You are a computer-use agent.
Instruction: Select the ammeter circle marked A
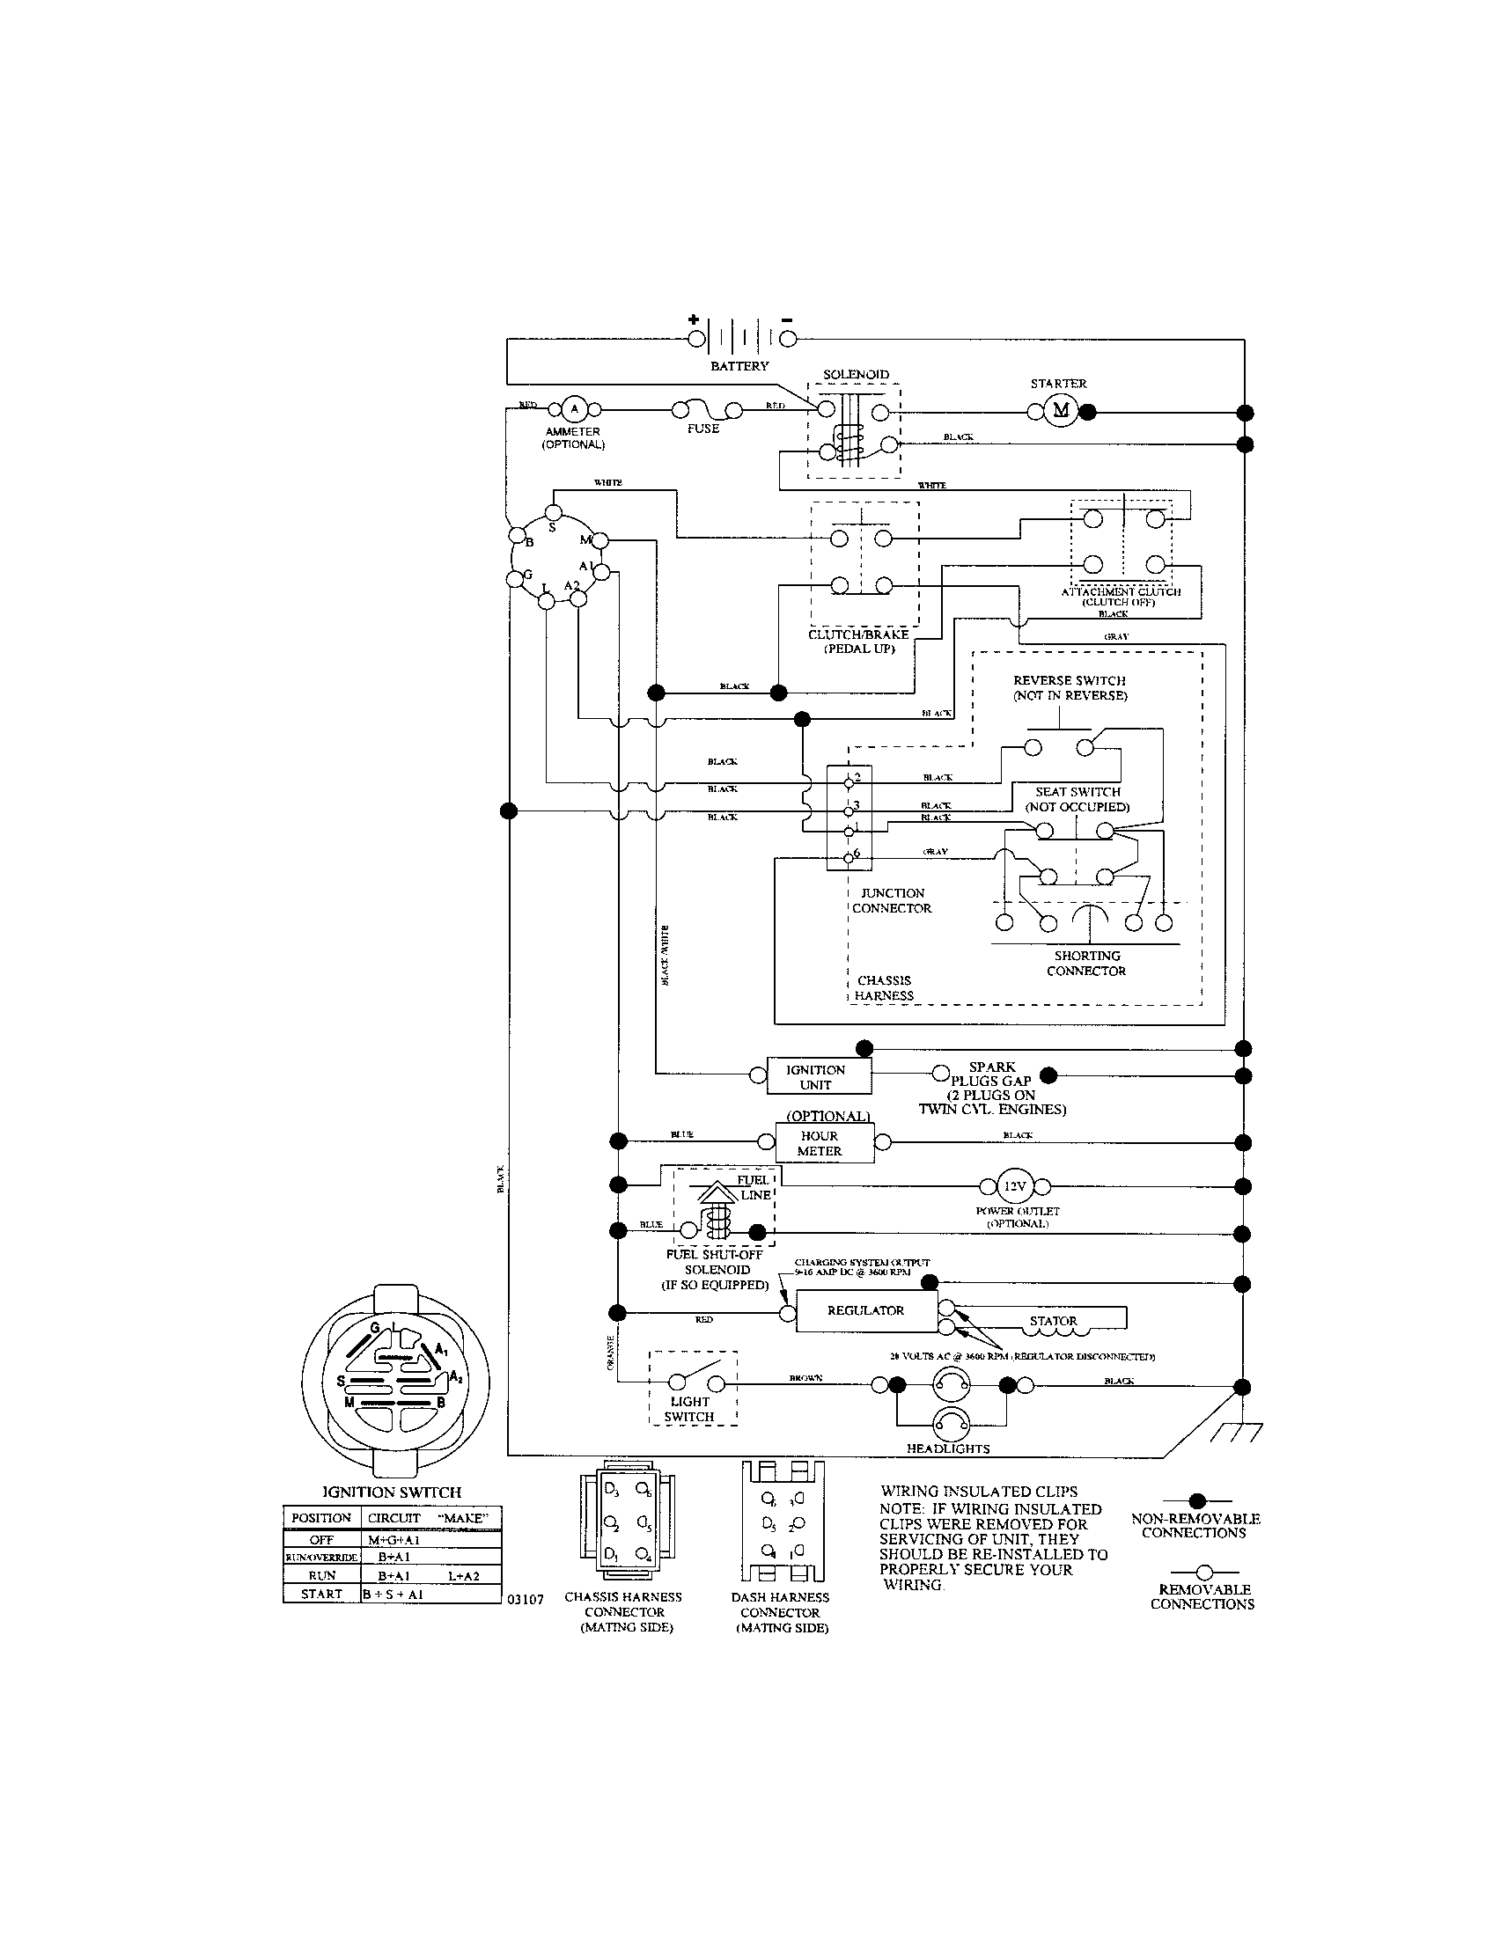574,408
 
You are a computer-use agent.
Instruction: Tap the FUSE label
703,429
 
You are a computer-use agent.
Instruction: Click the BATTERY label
739,366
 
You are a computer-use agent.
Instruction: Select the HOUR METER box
820,1142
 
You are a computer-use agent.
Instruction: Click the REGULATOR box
865,1310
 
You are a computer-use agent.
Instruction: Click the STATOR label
1053,1321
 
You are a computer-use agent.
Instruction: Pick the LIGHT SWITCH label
690,1409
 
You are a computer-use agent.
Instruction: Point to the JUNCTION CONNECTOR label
892,900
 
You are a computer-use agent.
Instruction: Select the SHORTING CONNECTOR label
1087,963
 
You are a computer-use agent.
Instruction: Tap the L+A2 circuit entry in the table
463,1575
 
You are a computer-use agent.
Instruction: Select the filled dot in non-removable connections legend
1197,1500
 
